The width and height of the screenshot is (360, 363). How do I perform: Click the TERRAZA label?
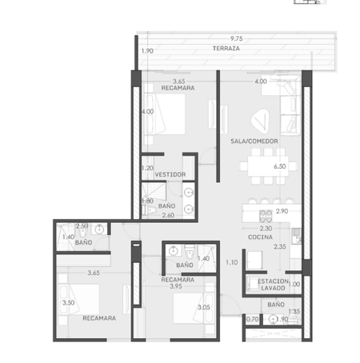pyautogui.click(x=226, y=49)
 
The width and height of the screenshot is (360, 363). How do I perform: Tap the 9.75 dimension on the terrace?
pyautogui.click(x=237, y=38)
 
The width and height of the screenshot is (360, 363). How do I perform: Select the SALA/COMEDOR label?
pyautogui.click(x=254, y=142)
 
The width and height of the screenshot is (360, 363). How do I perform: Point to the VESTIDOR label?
pyautogui.click(x=170, y=174)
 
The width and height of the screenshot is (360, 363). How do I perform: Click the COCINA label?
pyautogui.click(x=260, y=237)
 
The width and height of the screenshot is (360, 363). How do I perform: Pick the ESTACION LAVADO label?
pyautogui.click(x=273, y=285)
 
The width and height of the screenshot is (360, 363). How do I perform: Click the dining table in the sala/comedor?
pyautogui.click(x=268, y=166)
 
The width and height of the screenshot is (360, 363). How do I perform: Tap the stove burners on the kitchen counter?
pyautogui.click(x=266, y=216)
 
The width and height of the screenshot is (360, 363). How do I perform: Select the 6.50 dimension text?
pyautogui.click(x=280, y=166)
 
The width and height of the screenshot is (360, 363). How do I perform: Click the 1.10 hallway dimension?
pyautogui.click(x=232, y=262)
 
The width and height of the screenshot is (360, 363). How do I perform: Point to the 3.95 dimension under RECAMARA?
pyautogui.click(x=176, y=286)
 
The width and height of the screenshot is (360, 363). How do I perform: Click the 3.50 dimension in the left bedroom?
pyautogui.click(x=69, y=303)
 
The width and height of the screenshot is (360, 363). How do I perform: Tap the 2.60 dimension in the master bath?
pyautogui.click(x=168, y=215)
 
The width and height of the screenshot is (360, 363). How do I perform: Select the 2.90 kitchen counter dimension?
pyautogui.click(x=282, y=211)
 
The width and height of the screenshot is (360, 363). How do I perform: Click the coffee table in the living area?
pyautogui.click(x=260, y=121)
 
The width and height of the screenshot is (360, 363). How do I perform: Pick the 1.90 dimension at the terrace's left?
pyautogui.click(x=147, y=51)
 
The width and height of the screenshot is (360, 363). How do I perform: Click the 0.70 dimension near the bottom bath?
pyautogui.click(x=252, y=319)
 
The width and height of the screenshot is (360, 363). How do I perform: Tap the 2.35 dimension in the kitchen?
pyautogui.click(x=280, y=247)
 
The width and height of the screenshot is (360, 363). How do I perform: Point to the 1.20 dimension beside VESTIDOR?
pyautogui.click(x=147, y=168)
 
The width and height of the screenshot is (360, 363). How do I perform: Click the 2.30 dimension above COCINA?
pyautogui.click(x=266, y=229)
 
